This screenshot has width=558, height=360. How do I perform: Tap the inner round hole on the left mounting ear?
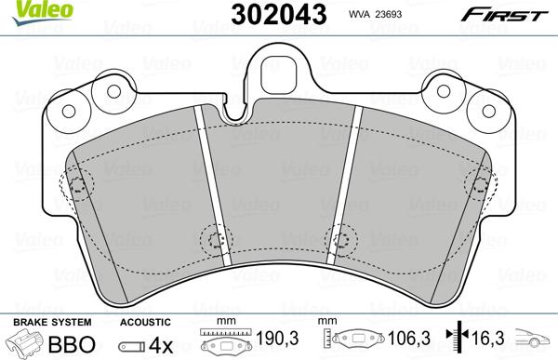(113, 92)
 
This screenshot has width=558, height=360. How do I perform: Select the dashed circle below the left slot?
(216, 240)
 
